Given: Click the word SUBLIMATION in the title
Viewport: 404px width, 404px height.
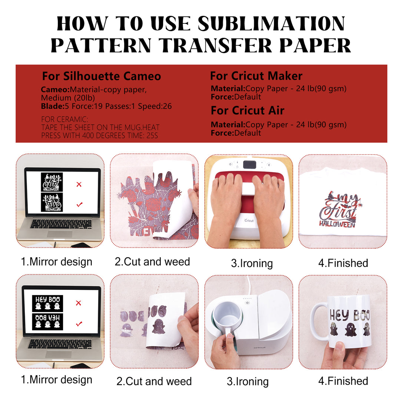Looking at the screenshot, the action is (x=271, y=23).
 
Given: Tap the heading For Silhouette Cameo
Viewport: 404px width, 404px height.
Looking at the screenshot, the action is (x=102, y=76).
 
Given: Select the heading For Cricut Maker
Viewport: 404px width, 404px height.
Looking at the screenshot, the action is (x=256, y=76).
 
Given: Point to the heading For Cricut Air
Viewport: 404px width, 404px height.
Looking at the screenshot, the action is (x=247, y=110).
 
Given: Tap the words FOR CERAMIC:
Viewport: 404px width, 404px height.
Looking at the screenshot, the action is (x=64, y=119).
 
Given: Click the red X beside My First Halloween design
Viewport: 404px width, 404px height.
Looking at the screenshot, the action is (x=79, y=184).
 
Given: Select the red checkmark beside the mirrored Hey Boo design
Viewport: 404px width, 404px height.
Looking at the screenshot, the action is (x=79, y=323).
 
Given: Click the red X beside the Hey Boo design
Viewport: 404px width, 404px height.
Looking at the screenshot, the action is (x=79, y=303).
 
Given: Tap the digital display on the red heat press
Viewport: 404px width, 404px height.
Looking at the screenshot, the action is (x=249, y=165).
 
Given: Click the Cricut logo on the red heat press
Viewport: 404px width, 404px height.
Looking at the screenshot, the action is (x=249, y=220).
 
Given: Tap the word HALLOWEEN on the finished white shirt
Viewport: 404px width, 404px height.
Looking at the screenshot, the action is (x=337, y=224).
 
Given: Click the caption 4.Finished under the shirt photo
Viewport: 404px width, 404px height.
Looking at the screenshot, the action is (x=343, y=263).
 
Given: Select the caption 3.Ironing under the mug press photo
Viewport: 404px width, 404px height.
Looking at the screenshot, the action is (x=248, y=381).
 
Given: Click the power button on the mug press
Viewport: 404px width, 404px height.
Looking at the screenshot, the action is (x=247, y=303).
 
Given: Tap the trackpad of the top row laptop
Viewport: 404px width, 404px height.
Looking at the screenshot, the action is (x=60, y=234).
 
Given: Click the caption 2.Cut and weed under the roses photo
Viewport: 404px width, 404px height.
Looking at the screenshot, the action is (x=152, y=262).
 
